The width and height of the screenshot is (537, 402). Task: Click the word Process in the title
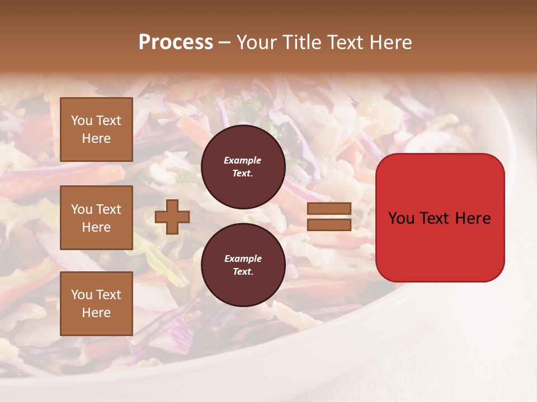[x=176, y=42]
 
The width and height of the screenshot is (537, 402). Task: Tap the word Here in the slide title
[x=390, y=42]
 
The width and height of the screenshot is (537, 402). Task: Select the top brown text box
[x=96, y=130]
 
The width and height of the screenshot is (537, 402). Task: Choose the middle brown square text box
[x=96, y=218]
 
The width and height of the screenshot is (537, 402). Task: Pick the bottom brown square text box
[x=96, y=304]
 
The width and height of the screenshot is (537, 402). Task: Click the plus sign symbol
[x=172, y=217]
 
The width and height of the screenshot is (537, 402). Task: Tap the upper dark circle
[x=243, y=167]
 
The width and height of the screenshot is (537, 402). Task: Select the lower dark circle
[x=243, y=265]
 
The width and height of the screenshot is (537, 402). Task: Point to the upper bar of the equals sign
[x=329, y=209]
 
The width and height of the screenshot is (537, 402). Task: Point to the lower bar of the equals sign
[x=329, y=224]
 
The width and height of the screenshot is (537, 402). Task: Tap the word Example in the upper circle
[x=243, y=160]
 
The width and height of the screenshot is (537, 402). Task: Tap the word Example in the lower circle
[x=243, y=259]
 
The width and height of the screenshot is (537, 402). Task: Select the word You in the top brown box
[x=82, y=121]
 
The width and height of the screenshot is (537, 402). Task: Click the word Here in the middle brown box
[x=96, y=227]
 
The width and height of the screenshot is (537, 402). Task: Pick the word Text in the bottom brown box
[x=109, y=295]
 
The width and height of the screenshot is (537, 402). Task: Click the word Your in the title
[x=256, y=42]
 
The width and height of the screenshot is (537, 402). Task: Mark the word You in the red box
[x=401, y=218]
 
